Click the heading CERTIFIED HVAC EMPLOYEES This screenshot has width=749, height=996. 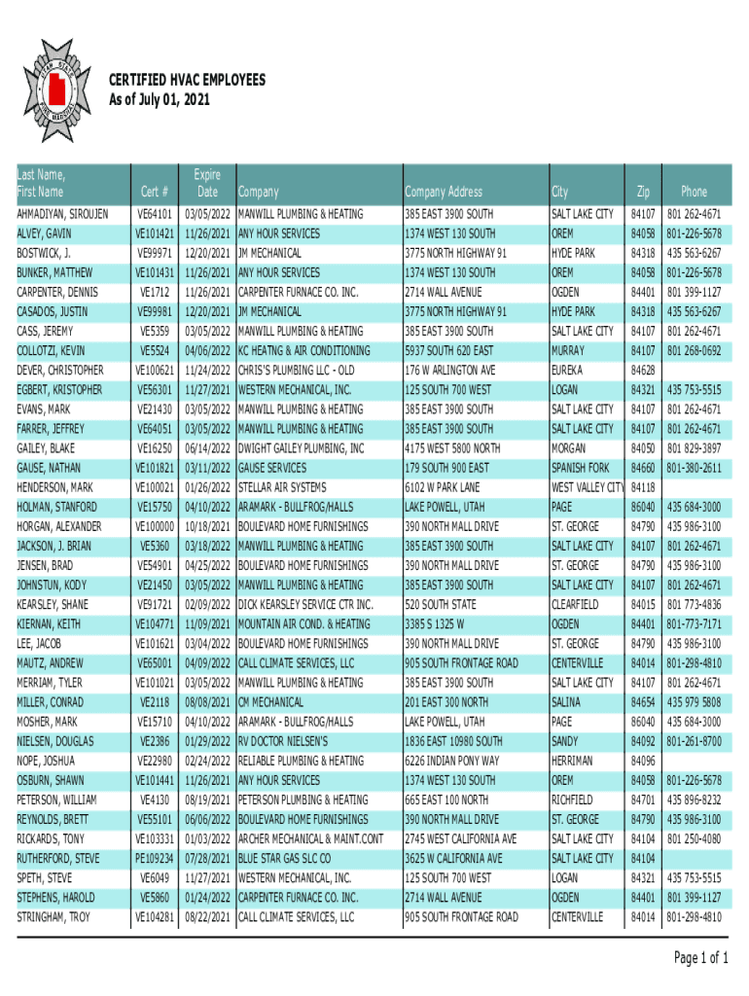point(186,81)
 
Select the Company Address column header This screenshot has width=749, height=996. point(443,192)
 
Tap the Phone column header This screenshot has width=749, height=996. point(694,192)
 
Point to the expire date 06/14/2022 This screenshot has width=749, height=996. point(206,448)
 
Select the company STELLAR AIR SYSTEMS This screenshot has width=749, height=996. point(282,487)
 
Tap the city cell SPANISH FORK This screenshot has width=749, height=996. point(581,468)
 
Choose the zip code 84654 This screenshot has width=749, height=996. point(642,702)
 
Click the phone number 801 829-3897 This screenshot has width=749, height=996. point(694,448)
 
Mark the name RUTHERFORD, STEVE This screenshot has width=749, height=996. point(58,859)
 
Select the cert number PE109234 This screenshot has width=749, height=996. point(155,859)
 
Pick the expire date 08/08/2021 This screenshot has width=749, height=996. point(206,702)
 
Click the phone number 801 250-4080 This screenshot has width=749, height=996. point(694,839)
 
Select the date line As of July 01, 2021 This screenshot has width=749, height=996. point(160,100)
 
